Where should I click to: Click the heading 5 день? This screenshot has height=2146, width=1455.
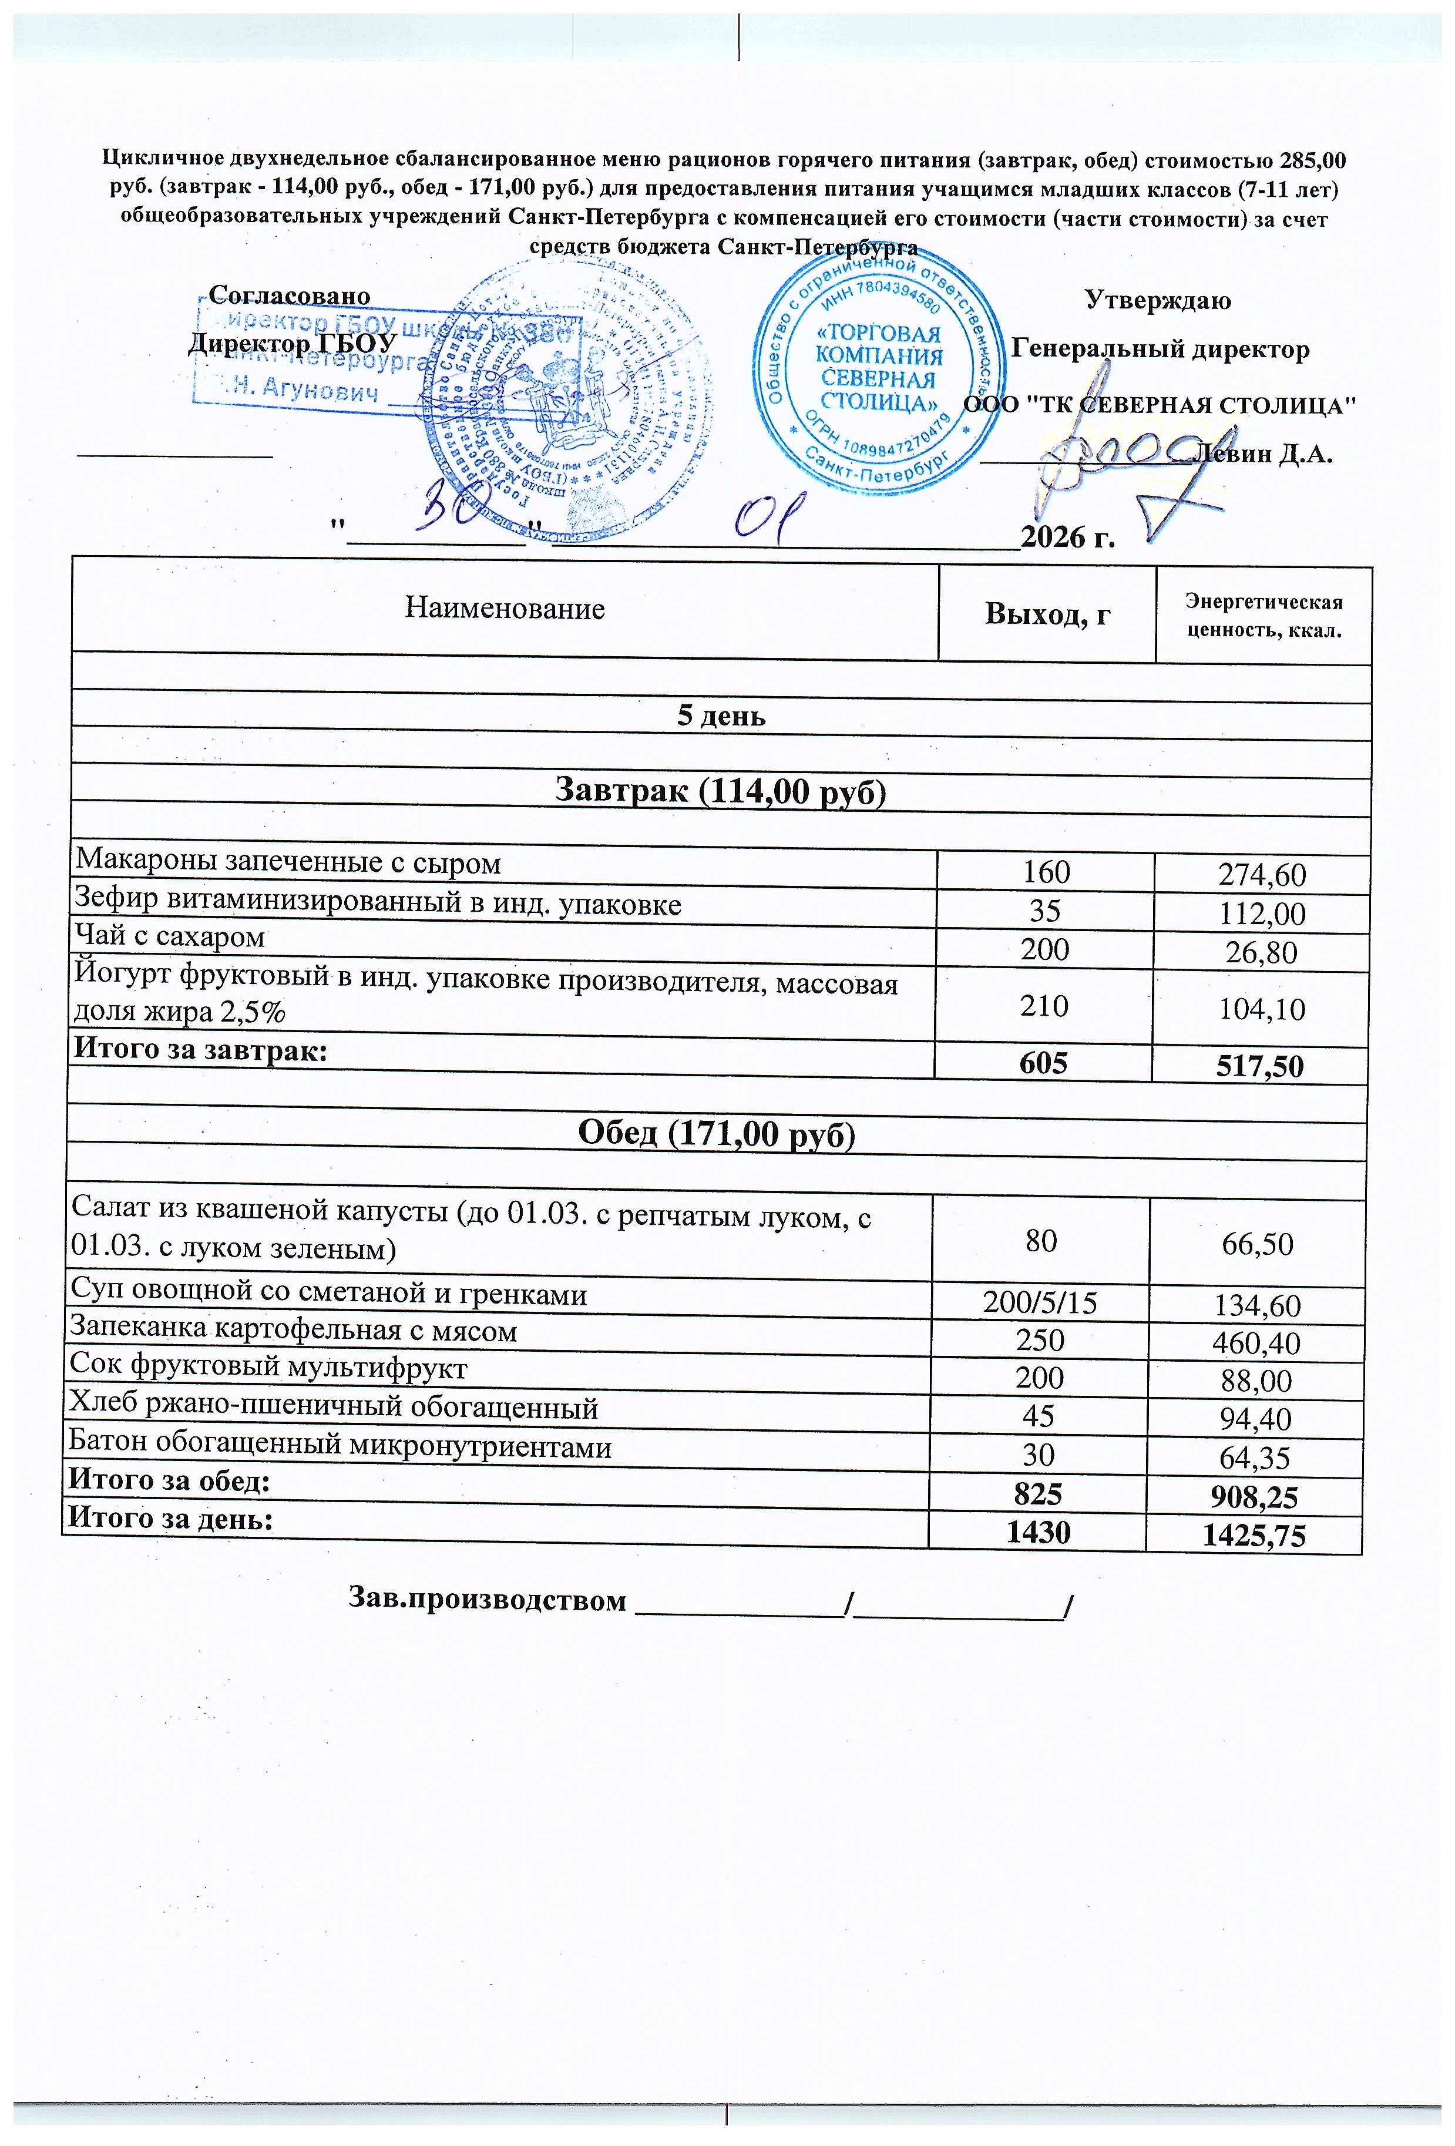(721, 716)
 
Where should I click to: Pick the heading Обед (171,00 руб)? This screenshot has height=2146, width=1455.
(717, 1134)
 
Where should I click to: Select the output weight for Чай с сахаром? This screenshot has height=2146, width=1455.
(1044, 949)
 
